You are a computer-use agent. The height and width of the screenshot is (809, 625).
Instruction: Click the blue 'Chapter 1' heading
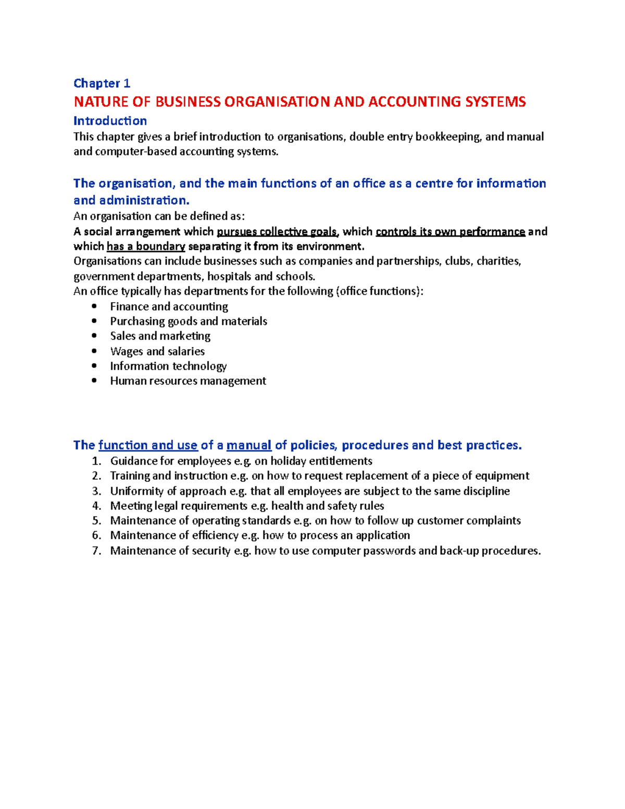[102, 83]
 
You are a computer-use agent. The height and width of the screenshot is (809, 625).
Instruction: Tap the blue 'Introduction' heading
[110, 121]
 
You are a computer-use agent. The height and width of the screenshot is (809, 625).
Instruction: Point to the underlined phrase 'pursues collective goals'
[277, 232]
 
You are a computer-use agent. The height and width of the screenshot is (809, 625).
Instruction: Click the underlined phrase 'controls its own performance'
[450, 232]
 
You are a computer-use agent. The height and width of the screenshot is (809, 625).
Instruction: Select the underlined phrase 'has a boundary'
[146, 246]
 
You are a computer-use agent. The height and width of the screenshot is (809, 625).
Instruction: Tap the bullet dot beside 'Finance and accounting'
[94, 307]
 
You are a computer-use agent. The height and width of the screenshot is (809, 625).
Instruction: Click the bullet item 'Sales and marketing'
[160, 336]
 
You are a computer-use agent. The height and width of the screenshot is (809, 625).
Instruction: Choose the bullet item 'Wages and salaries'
[157, 352]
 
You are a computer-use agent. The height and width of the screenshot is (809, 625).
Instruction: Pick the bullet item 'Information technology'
[168, 366]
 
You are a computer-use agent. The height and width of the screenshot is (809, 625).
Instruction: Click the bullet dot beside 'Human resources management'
[94, 381]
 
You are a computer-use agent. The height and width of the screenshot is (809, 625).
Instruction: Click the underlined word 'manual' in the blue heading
[249, 445]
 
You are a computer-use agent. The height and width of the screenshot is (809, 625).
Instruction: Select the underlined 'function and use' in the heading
[148, 445]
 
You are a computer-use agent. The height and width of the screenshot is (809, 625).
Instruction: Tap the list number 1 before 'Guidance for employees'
[96, 461]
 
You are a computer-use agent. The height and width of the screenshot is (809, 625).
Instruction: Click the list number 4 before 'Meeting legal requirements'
[96, 506]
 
